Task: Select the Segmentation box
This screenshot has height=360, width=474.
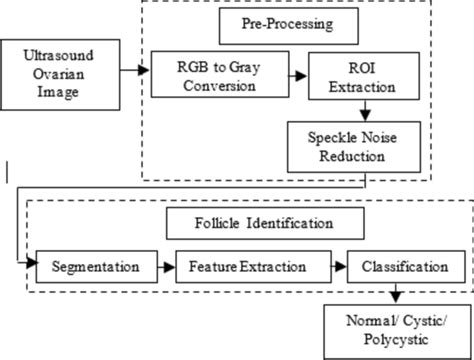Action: point(96,269)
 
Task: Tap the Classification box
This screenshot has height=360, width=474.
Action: point(406,269)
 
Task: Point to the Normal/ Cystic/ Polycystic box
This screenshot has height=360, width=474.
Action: point(395,331)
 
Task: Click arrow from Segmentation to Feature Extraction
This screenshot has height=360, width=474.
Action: point(169,269)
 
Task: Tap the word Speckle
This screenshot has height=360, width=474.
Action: point(327,136)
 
